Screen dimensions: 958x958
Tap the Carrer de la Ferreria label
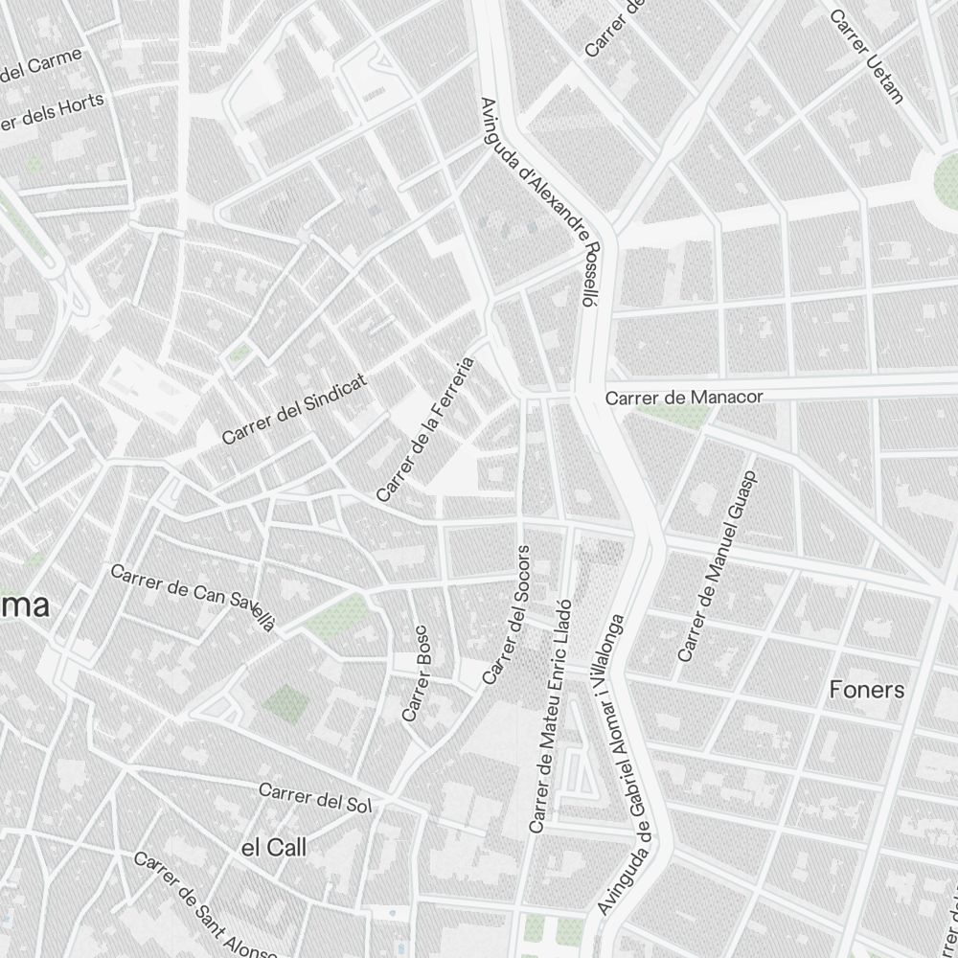click(x=425, y=430)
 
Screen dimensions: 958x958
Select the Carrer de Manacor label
click(x=684, y=397)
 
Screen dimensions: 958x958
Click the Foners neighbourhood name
click(x=866, y=690)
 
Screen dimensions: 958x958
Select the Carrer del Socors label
click(x=506, y=615)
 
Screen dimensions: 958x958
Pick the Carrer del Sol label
click(x=314, y=797)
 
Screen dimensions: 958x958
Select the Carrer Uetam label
click(x=867, y=56)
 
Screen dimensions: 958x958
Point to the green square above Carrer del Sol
click(x=286, y=704)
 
